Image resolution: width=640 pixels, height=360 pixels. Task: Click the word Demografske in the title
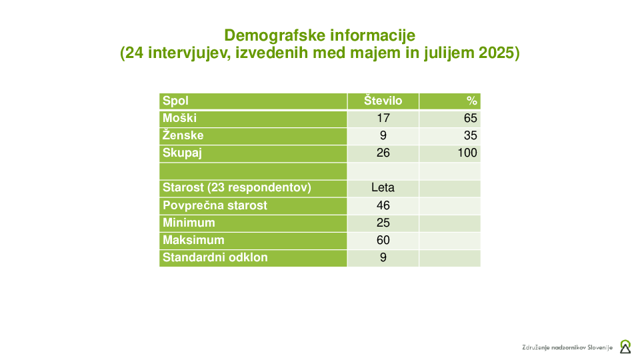[x=274, y=35]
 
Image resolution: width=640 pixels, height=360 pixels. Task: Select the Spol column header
[x=175, y=101]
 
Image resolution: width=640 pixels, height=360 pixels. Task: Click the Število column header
[x=383, y=101]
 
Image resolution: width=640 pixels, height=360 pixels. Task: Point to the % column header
[x=472, y=101]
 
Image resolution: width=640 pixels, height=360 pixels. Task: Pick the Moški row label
[x=179, y=118]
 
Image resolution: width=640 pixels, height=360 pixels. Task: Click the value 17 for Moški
[x=383, y=119]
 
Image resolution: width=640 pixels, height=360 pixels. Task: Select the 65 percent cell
[x=470, y=119]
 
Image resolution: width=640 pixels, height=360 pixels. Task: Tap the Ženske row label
[x=183, y=135]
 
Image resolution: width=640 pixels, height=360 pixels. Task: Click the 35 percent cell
[x=470, y=135]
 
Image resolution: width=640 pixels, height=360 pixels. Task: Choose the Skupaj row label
[x=182, y=153]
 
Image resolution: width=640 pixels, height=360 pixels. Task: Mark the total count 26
[x=383, y=153]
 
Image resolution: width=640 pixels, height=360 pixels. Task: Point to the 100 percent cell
[x=467, y=153]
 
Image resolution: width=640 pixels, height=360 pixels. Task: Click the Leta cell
[x=383, y=187]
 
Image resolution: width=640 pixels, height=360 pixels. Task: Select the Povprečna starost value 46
[x=383, y=205]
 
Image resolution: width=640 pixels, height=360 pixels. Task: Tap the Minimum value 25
[x=383, y=223]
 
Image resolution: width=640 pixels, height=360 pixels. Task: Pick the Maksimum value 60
[x=383, y=240]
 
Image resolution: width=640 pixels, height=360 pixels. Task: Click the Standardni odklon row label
[x=215, y=257]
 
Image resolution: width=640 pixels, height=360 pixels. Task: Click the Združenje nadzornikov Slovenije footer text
[x=567, y=348]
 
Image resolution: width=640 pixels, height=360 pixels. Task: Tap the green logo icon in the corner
[x=625, y=347]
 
